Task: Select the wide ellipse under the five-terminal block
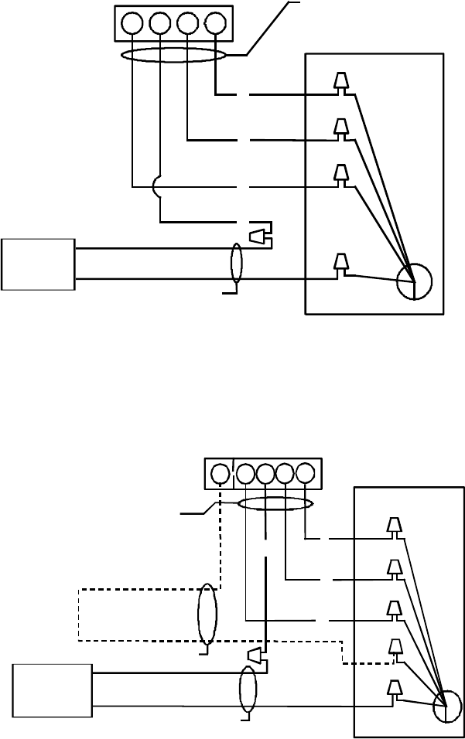pos(275,505)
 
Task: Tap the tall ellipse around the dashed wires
pos(207,615)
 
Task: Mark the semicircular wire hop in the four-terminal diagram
pos(156,186)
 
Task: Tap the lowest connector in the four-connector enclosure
pos(340,264)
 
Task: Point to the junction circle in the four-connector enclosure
pos(414,282)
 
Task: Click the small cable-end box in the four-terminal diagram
pos(38,264)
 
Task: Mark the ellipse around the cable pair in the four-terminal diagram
pos(237,264)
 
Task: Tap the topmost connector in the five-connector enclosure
pos(395,526)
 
